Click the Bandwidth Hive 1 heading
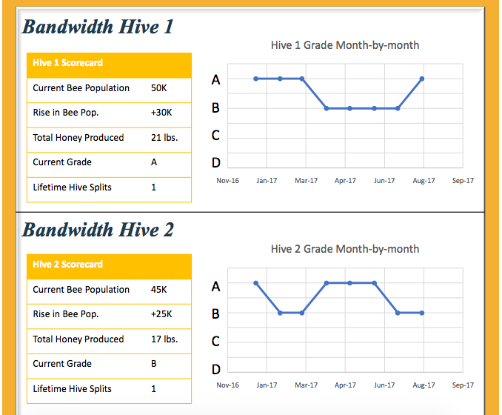[97, 27]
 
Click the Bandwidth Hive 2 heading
[98, 230]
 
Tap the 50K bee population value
[159, 88]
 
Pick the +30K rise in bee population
[161, 113]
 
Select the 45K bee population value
[159, 290]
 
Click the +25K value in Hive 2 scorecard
[161, 314]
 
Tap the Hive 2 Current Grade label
[62, 364]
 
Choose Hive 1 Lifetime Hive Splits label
[72, 187]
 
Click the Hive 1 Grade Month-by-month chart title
[345, 45]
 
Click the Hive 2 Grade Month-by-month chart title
[345, 249]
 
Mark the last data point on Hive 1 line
[422, 79]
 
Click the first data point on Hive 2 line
[255, 283]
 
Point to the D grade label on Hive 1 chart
[215, 162]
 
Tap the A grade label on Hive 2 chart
[215, 286]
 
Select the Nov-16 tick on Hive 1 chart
[227, 181]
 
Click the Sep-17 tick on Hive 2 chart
[463, 385]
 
